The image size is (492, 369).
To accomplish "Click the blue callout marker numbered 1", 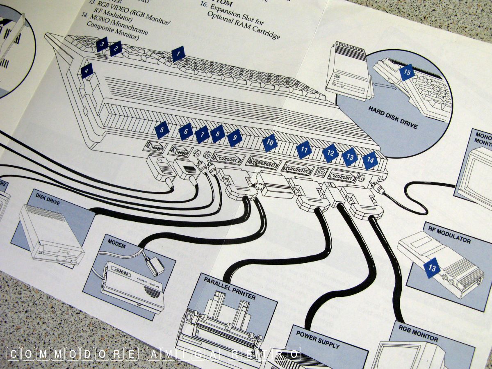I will click(178, 54).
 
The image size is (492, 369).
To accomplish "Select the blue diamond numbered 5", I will click(162, 130).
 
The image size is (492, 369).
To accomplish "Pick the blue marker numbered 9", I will click(235, 138).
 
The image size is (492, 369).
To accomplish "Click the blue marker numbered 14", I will click(370, 160).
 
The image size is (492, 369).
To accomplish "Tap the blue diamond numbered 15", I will click(407, 72).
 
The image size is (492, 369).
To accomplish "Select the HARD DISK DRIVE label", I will click(392, 118).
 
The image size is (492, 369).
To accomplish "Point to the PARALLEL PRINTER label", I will click(232, 289).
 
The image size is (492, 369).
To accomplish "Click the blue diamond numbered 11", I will click(304, 150).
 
